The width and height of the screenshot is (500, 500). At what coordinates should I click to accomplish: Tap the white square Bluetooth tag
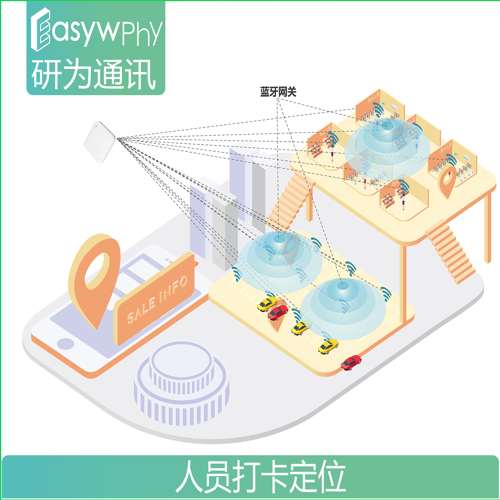point(99,142)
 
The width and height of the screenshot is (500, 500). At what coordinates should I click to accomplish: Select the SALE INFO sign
point(156,299)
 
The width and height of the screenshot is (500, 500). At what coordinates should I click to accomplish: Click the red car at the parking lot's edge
point(351,362)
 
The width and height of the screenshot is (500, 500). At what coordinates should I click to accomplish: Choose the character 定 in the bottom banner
point(302,476)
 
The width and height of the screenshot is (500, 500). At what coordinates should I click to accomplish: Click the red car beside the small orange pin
point(278,312)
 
